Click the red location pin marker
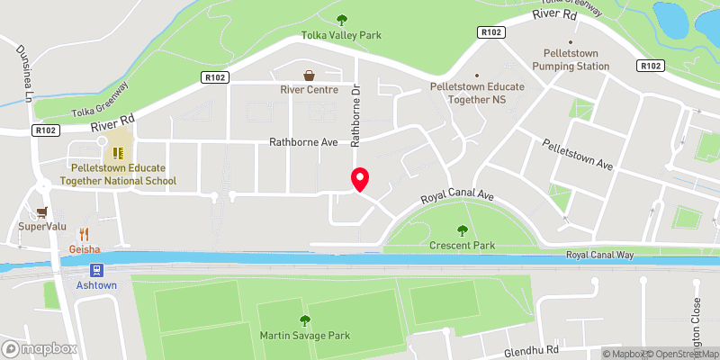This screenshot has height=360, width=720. pyautogui.click(x=359, y=179)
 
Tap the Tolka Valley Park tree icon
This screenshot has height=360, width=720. pyautogui.click(x=341, y=20)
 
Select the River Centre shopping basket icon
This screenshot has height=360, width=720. pyautogui.click(x=309, y=75)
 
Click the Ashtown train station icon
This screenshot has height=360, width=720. pyautogui.click(x=96, y=268)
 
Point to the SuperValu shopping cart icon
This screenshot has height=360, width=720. pyautogui.click(x=41, y=213)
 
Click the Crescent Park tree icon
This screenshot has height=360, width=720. pyautogui.click(x=463, y=230)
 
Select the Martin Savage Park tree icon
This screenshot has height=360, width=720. pyautogui.click(x=304, y=319)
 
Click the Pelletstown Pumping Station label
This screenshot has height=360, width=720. pyautogui.click(x=571, y=59)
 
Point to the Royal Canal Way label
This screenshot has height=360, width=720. pyautogui.click(x=600, y=255)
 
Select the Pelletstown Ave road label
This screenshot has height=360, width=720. pyautogui.click(x=577, y=154)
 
